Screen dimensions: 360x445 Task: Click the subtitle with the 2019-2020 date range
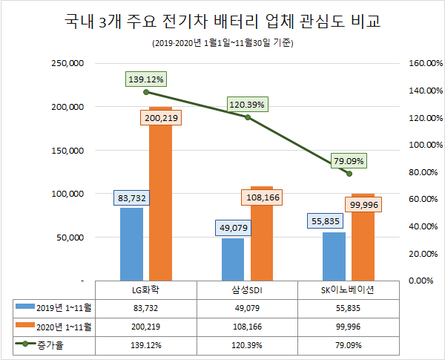point(222,44)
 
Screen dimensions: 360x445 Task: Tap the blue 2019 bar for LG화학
point(131,245)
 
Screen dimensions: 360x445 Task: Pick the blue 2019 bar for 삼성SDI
point(233,260)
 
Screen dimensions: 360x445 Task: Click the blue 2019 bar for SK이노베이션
point(334,257)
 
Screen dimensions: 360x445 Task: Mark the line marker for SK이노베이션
point(349,173)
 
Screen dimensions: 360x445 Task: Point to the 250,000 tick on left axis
point(67,63)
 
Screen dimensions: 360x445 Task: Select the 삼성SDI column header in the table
point(248,289)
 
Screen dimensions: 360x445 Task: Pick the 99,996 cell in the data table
point(349,326)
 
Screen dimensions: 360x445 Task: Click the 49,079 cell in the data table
point(248,307)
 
